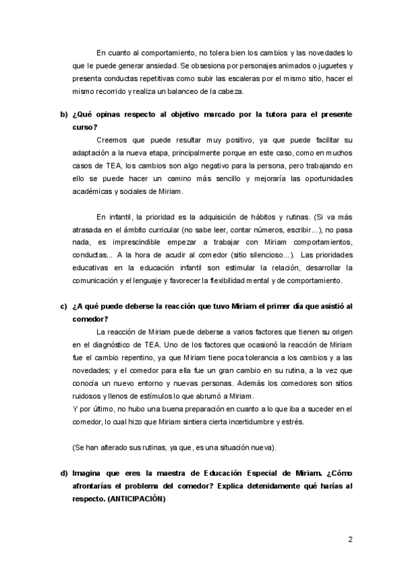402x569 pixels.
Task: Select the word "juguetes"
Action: (x=332, y=66)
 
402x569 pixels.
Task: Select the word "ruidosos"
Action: (x=88, y=397)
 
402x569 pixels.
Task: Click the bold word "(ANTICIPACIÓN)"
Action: (x=134, y=499)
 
